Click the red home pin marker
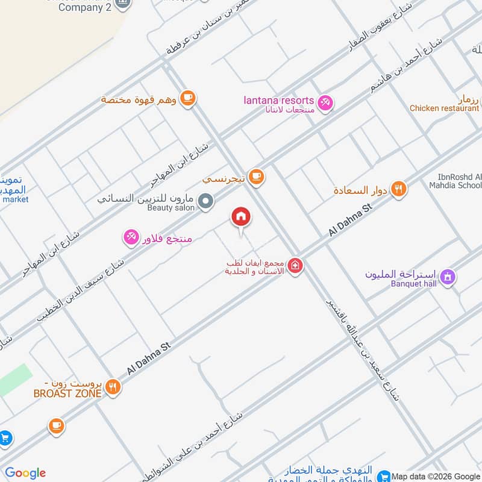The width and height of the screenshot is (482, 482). (x=241, y=217)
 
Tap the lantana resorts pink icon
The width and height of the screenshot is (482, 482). (x=325, y=103)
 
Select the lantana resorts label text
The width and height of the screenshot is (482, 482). (x=279, y=100)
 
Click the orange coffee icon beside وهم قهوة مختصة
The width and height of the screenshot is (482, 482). (x=188, y=98)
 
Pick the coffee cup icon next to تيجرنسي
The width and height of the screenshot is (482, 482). (x=257, y=176)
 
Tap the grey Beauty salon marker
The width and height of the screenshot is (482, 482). (x=206, y=201)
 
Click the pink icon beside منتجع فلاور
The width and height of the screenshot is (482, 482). (x=131, y=238)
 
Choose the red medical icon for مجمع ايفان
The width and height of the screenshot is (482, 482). (x=295, y=265)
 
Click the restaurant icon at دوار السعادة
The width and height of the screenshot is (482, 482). (x=398, y=190)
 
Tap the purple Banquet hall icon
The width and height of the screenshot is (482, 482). (x=448, y=277)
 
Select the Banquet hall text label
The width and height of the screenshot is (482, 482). (x=413, y=284)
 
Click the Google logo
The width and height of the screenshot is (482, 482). (x=25, y=473)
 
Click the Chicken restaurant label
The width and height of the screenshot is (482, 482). (x=444, y=108)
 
